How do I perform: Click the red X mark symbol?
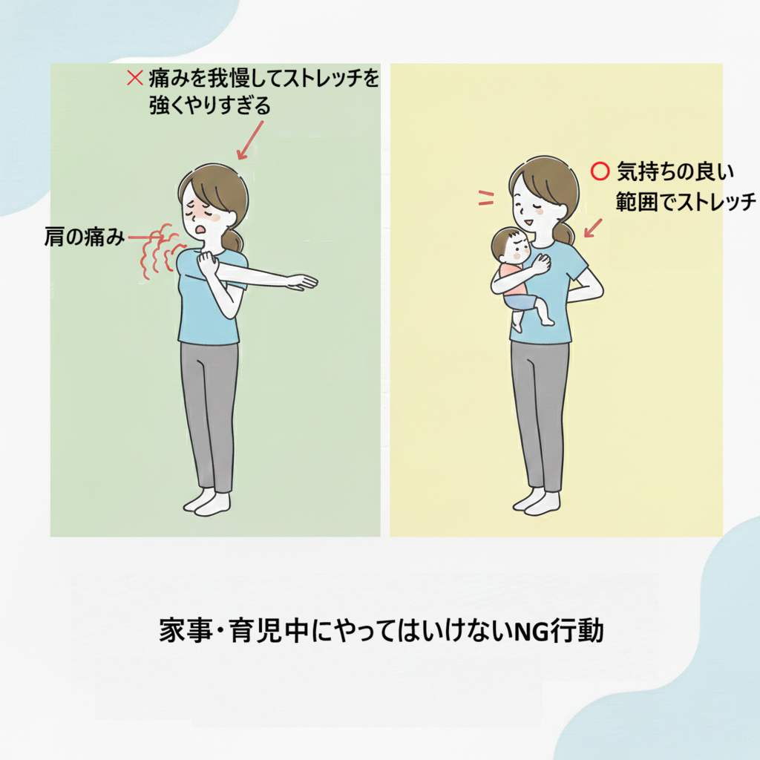point(135,77)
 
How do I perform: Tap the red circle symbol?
point(600,171)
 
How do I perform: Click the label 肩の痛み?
point(85,237)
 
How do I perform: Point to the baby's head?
point(509,245)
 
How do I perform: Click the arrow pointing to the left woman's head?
point(250,140)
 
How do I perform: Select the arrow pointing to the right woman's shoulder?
point(593,228)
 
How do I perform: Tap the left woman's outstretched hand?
point(301,282)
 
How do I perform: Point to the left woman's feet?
point(207,503)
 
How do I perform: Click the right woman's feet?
point(537,502)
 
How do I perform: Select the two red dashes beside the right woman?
point(486,197)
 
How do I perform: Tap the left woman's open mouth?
point(197,227)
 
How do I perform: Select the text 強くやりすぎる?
point(210,105)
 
